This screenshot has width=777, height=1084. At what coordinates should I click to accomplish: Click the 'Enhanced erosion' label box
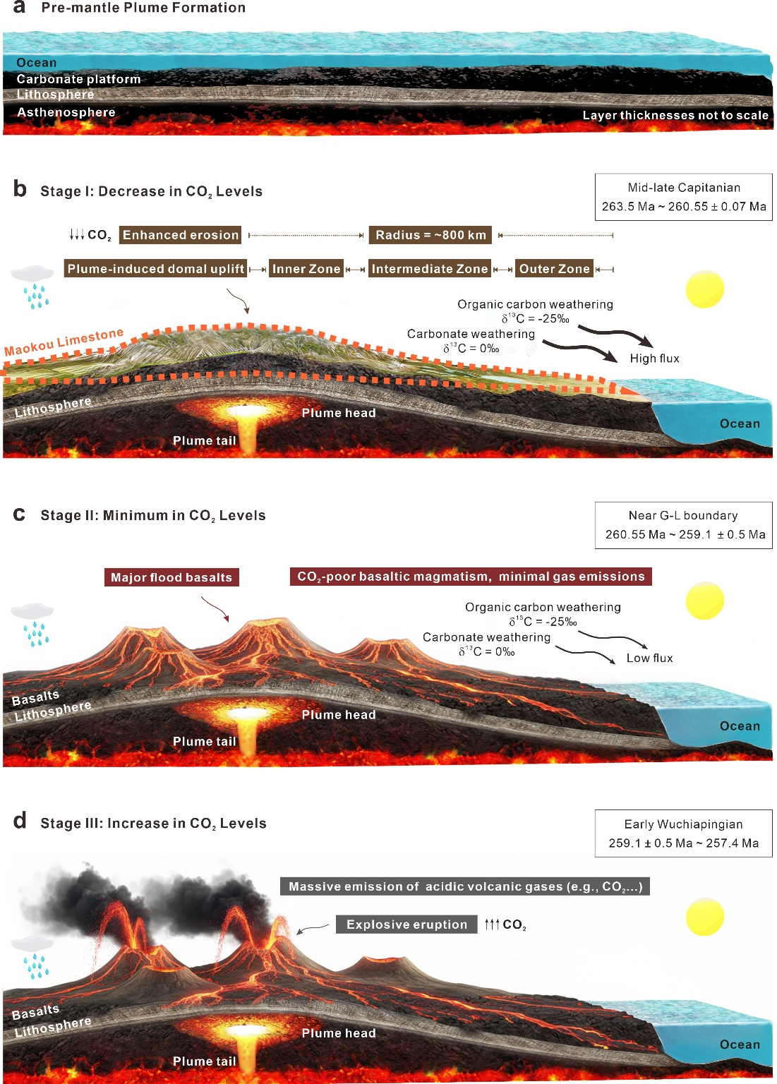coord(181,235)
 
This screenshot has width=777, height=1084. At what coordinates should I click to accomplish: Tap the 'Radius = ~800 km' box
coord(430,235)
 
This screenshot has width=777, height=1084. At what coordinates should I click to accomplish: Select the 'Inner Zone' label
coord(306,269)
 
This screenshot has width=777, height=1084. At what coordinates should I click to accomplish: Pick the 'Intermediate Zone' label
coord(430,269)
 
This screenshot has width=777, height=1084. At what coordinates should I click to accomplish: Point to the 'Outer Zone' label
coord(554,269)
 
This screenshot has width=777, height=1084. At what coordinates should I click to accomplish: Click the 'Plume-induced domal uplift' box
coord(155,269)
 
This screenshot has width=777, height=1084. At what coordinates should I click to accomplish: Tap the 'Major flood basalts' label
coord(171,577)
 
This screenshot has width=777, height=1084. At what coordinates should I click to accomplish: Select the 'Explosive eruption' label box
coord(406,925)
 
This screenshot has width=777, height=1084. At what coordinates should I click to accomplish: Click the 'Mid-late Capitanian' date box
coord(683,197)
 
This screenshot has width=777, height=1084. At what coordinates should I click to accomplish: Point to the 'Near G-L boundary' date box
coord(683,525)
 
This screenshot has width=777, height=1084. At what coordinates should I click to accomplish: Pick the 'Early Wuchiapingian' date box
coord(683,833)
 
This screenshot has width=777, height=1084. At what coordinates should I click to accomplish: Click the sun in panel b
coord(704,289)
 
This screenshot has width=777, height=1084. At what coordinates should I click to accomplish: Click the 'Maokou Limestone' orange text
coord(64,342)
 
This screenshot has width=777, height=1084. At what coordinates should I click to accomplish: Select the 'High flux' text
coord(654,359)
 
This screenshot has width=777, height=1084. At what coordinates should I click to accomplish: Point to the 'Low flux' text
coord(649,658)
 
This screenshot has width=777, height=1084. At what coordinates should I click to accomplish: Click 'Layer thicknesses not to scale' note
coord(675,115)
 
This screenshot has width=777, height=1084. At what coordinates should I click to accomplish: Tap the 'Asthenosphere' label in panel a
coord(66,112)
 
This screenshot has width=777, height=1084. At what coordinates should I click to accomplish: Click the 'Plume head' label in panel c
coord(339,715)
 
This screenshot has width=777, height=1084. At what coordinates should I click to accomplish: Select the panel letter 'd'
coord(20,821)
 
